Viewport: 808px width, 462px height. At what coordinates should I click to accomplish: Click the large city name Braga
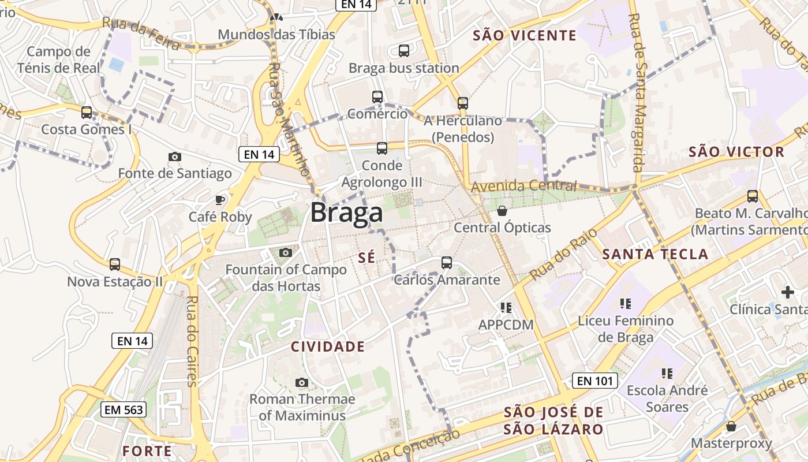346,213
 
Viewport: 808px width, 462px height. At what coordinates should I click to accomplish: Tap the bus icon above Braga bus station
404,51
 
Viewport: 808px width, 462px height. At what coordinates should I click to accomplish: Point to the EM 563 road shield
124,410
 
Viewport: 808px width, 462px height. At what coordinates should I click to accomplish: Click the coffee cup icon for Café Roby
220,200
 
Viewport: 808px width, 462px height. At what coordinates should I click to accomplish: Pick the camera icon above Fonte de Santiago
174,157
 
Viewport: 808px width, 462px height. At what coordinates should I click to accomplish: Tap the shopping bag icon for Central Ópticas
502,211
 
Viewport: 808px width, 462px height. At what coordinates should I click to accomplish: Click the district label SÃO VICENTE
525,36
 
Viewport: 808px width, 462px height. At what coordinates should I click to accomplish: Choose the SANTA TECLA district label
655,254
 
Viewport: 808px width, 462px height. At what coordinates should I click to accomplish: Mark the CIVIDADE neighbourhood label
327,346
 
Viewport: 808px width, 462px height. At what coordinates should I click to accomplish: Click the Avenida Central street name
524,186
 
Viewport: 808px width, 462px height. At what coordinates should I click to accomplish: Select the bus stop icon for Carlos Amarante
446,263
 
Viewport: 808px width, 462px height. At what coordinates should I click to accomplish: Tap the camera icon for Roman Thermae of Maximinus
301,382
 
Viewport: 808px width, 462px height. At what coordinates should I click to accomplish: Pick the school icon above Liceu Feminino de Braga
626,303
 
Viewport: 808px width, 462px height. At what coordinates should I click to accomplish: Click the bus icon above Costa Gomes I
87,113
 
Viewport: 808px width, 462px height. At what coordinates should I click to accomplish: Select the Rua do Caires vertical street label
192,341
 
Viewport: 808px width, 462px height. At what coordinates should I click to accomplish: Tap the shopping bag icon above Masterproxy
731,426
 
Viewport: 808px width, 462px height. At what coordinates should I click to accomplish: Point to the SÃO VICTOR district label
736,152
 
